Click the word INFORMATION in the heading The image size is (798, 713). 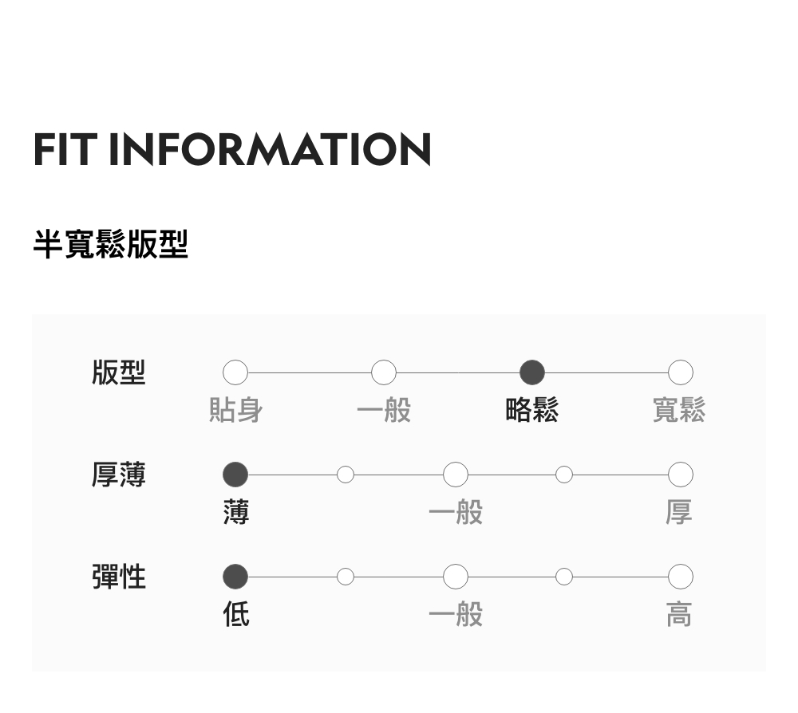(x=270, y=149)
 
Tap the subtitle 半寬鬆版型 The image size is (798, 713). (x=110, y=244)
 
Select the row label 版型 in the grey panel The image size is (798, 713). (x=119, y=372)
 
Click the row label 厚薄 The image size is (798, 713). (x=119, y=475)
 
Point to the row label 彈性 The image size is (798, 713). (x=119, y=576)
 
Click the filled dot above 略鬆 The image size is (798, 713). (x=532, y=372)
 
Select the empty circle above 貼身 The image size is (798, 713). (x=235, y=372)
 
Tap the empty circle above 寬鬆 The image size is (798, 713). (x=680, y=372)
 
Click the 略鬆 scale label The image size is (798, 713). (x=532, y=411)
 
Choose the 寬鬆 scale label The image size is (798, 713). (x=679, y=411)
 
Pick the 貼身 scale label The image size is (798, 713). (x=235, y=411)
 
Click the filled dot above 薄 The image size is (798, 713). (x=235, y=475)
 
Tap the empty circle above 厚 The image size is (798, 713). (x=680, y=475)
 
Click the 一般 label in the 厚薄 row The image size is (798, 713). (x=456, y=512)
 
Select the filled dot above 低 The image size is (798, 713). (x=235, y=576)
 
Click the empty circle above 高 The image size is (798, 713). (x=680, y=576)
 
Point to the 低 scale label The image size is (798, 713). (x=236, y=614)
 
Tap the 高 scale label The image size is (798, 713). (x=679, y=614)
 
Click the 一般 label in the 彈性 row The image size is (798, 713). (x=456, y=614)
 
